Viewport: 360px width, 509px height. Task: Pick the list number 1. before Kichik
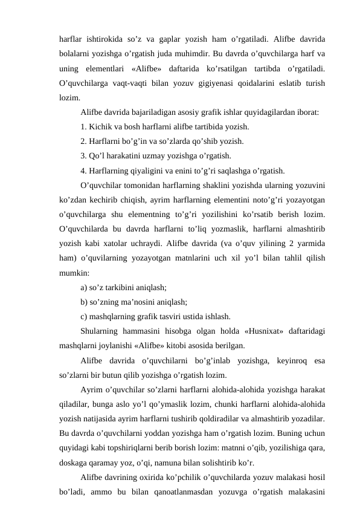[83, 128]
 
